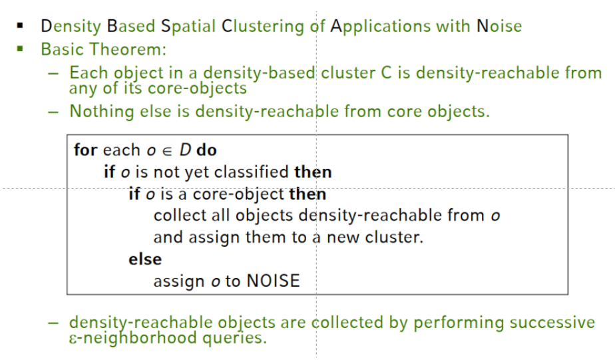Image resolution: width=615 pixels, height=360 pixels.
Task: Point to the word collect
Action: coord(176,216)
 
